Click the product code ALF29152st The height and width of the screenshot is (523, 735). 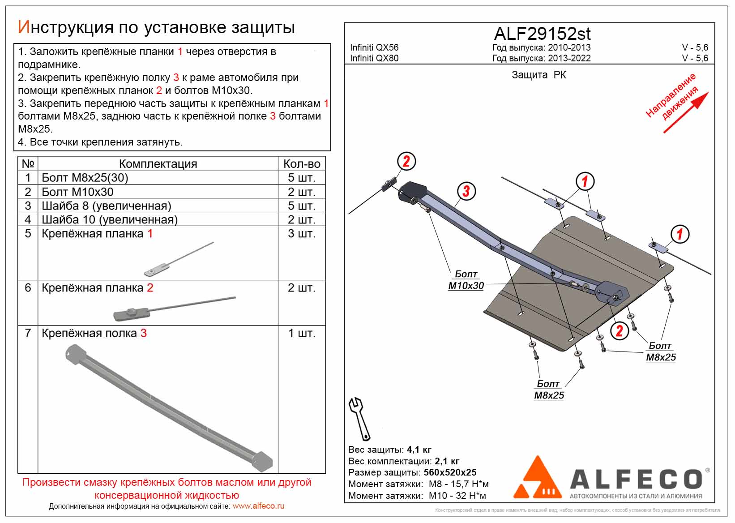[x=542, y=34]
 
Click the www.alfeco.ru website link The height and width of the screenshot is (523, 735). [x=258, y=506]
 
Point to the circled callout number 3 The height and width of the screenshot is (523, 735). [x=466, y=191]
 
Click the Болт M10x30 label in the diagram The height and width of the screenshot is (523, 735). [x=466, y=280]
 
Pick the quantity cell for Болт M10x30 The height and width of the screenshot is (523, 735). [x=301, y=192]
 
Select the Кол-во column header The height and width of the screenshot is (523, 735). [x=301, y=164]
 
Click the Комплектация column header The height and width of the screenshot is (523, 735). [x=158, y=164]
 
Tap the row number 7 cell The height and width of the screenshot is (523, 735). [x=28, y=333]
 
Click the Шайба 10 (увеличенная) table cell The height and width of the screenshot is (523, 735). [x=110, y=220]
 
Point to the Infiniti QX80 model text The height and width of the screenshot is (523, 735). [x=374, y=58]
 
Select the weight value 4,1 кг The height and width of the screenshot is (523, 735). [x=419, y=450]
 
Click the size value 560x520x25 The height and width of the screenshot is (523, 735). [x=450, y=472]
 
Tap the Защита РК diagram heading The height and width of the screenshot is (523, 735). [x=539, y=75]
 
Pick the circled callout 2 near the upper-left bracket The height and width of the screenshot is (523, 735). [x=406, y=161]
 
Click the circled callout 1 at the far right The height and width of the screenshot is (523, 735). [x=679, y=234]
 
